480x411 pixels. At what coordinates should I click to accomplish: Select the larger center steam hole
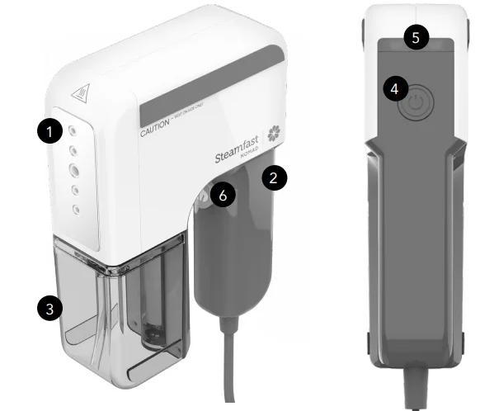[74, 171]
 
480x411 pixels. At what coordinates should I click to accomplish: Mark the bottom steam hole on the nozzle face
[75, 210]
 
